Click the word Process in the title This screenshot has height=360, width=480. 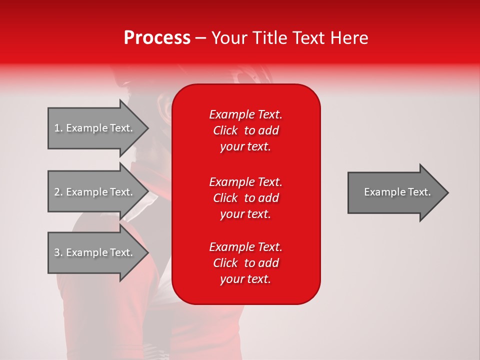157,38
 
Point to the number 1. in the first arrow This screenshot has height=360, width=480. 58,128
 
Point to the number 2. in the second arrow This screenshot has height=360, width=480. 58,192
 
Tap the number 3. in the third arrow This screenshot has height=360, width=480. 58,252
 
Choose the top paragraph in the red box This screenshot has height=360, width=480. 245,130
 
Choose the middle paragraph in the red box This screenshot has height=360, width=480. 245,197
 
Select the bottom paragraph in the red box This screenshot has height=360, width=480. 245,263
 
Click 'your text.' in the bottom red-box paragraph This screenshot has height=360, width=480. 245,279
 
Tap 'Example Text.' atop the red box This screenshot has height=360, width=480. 245,114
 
